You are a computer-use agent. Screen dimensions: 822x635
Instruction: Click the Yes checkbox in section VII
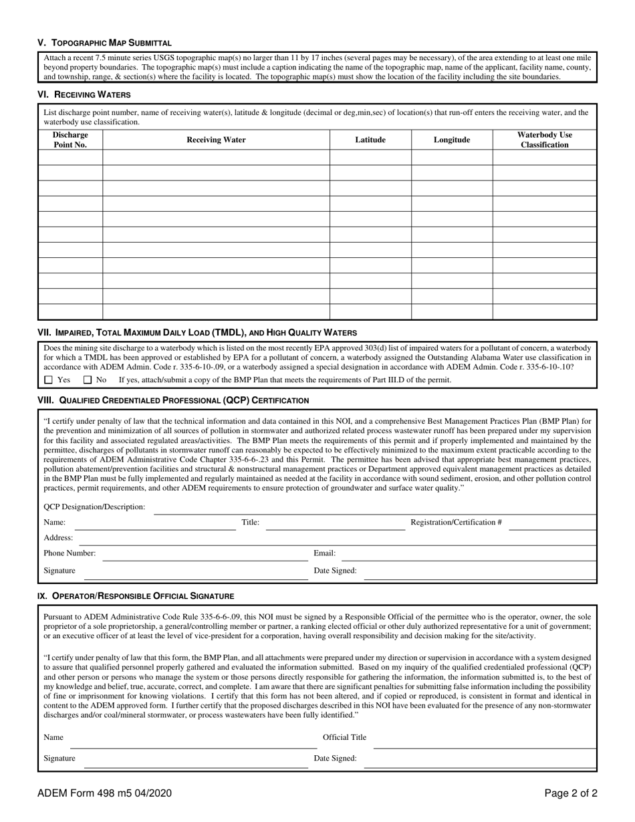[x=48, y=380]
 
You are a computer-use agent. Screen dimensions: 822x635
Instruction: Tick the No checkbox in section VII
[x=88, y=380]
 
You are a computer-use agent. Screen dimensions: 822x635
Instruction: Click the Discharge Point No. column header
[x=70, y=140]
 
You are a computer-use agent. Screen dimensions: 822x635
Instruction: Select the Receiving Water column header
[x=216, y=140]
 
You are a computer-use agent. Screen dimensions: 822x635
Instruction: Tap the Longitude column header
[x=451, y=140]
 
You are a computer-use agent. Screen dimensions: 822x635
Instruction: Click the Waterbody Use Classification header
[x=544, y=140]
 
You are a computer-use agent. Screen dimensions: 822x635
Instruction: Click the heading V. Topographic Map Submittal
[x=104, y=42]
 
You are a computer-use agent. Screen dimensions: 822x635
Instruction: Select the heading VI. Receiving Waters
[x=84, y=94]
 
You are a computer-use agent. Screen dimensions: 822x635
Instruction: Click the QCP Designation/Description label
[x=94, y=507]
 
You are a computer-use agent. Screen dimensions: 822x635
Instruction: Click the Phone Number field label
[x=70, y=553]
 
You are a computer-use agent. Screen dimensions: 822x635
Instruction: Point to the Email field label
[x=325, y=553]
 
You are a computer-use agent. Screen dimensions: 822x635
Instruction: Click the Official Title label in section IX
[x=344, y=737]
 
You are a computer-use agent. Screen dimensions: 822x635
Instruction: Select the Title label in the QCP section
[x=250, y=522]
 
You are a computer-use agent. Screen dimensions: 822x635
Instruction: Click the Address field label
[x=58, y=537]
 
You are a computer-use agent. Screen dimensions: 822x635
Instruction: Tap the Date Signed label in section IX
[x=335, y=759]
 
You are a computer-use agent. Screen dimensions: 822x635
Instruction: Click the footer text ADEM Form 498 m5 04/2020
[x=104, y=793]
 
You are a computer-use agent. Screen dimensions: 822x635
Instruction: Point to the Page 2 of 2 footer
[x=570, y=793]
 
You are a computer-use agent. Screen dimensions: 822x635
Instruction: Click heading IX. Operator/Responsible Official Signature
[x=136, y=595]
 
